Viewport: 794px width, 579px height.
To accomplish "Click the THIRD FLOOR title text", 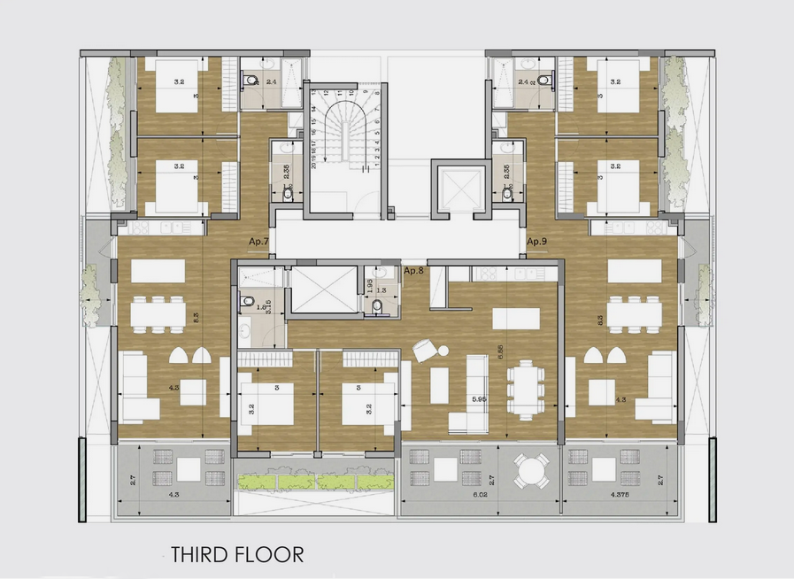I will coord(237,555).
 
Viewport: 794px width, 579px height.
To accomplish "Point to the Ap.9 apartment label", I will coord(538,241).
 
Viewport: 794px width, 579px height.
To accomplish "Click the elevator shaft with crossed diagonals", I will coord(459,189).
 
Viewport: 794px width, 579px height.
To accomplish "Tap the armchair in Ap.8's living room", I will coord(426,351).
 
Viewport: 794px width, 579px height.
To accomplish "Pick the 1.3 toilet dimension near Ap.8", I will coord(382,289).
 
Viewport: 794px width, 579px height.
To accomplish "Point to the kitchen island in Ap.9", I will coord(635,270).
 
